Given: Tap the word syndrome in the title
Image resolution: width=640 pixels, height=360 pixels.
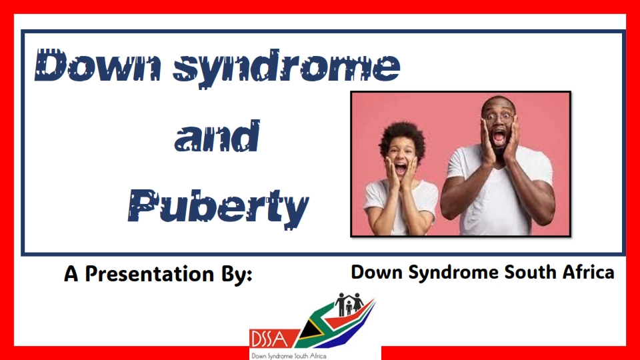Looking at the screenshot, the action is coord(286,68).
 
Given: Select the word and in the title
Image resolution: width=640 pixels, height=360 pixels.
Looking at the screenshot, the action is coord(217,136).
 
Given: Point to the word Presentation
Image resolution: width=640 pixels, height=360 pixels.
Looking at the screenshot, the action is coord(149,274).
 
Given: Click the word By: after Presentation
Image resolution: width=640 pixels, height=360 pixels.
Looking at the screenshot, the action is coord(237,274).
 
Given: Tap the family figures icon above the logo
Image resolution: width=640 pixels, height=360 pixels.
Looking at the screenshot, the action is coord(349,304).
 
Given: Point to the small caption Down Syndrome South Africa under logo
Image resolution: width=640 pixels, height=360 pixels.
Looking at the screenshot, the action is coord(289,356).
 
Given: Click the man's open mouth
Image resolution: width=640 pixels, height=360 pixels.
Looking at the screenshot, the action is coord(499,137).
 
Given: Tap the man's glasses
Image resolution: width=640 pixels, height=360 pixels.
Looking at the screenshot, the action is coord(499,117).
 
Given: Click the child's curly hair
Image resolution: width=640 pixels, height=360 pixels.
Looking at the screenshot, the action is coord(402,137).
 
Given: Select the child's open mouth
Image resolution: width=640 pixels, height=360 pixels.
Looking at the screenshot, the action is coord(401,168).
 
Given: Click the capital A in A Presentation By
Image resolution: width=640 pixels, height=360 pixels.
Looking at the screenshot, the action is coord(71,274).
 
